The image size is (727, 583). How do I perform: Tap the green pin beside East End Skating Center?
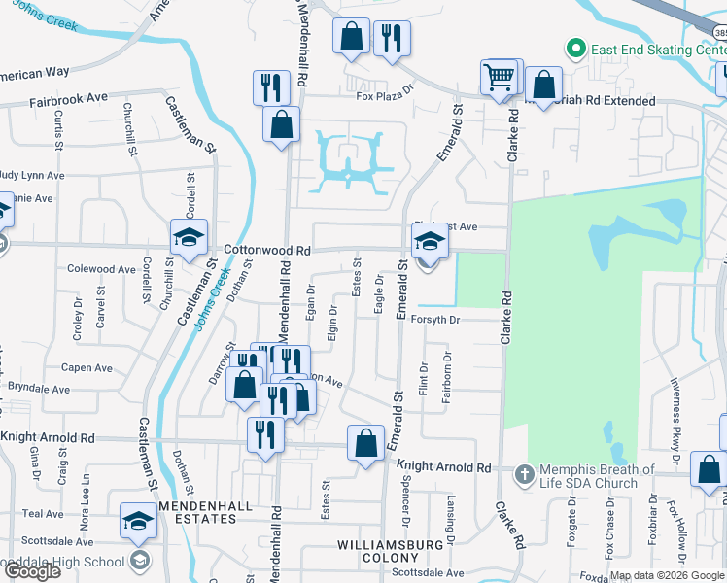[x=575, y=48]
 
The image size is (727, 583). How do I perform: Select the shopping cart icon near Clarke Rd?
[x=499, y=77]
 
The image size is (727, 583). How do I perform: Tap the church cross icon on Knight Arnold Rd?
[x=525, y=475]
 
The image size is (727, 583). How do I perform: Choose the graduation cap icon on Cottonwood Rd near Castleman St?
[x=190, y=236]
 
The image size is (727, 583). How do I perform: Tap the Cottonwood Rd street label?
[x=267, y=250]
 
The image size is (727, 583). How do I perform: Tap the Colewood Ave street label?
[x=100, y=269]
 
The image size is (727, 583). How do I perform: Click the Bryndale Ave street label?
[x=39, y=388]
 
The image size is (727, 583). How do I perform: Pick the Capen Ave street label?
[x=87, y=368]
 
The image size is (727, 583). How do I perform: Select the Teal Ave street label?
[x=43, y=513]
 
